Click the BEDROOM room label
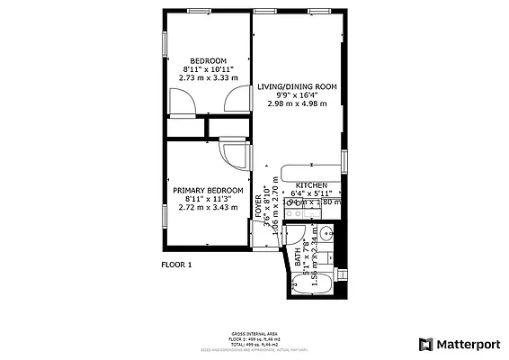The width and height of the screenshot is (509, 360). tap(208, 60)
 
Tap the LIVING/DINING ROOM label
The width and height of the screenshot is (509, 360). tap(297, 86)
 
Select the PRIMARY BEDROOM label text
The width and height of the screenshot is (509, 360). tap(208, 190)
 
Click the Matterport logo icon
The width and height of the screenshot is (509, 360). tap(425, 344)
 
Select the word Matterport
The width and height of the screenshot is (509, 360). tap(468, 344)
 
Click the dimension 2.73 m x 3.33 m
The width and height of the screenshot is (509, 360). tap(208, 78)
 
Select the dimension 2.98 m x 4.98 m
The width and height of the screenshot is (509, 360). tap(297, 103)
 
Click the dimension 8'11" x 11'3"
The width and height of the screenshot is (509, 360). tap(208, 199)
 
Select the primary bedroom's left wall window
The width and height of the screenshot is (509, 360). tap(163, 199)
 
